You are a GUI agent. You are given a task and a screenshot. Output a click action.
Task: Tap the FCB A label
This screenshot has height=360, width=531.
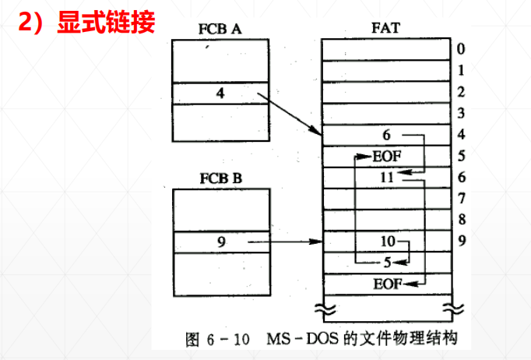[x=220, y=30]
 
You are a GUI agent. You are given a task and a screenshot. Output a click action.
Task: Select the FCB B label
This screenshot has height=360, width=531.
[x=220, y=178]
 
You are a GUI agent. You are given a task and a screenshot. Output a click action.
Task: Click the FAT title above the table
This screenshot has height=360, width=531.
[x=387, y=30]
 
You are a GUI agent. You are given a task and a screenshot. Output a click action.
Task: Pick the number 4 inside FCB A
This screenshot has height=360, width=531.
[x=220, y=94]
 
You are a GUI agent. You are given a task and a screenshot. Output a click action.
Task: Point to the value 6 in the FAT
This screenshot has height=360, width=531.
[x=387, y=135]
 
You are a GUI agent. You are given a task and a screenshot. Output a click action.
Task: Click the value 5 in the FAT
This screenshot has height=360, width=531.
[x=387, y=262]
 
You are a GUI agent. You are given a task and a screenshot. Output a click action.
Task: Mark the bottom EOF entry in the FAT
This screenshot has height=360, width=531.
[x=388, y=283]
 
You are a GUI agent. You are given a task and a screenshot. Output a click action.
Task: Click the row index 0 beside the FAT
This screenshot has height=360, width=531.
[x=462, y=49]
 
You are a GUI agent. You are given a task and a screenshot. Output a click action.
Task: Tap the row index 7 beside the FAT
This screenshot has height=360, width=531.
[x=462, y=198]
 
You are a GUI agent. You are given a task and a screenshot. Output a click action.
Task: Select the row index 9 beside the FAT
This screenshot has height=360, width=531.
[x=462, y=241]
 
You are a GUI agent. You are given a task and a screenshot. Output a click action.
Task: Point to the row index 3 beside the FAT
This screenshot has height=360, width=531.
[x=462, y=113]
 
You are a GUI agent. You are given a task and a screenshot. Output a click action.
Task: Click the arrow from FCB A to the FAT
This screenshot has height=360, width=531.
[x=290, y=115]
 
